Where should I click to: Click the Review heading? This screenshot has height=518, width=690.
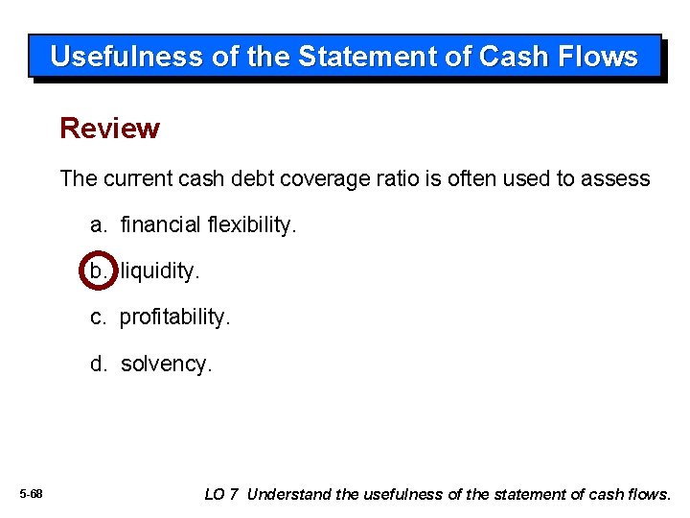pyautogui.click(x=109, y=129)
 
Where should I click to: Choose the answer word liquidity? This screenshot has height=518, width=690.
pyautogui.click(x=160, y=271)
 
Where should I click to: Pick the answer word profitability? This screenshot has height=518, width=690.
pyautogui.click(x=175, y=318)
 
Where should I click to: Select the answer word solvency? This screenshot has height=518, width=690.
pyautogui.click(x=166, y=365)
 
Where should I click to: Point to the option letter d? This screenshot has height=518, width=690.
pyautogui.click(x=99, y=365)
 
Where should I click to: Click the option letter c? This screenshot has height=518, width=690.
pyautogui.click(x=99, y=318)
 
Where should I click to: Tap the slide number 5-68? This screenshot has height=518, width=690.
pyautogui.click(x=32, y=494)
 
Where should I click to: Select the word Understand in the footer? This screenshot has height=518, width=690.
pyautogui.click(x=291, y=494)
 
